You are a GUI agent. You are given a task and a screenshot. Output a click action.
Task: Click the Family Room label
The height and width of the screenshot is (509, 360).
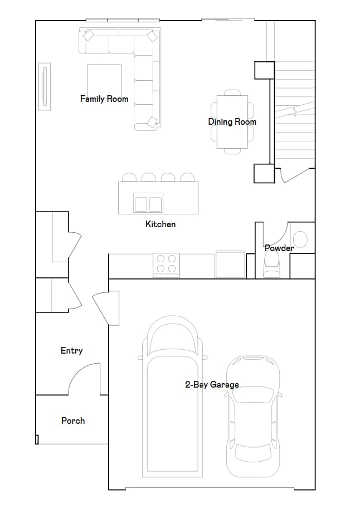pyautogui.click(x=104, y=99)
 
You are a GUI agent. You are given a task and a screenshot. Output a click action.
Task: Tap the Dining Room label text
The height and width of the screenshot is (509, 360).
pyautogui.click(x=232, y=122)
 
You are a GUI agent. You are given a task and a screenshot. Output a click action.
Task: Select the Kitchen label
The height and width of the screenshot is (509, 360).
pyautogui.click(x=160, y=224)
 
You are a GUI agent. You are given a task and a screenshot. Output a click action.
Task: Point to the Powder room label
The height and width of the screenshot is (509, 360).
pyautogui.click(x=279, y=248)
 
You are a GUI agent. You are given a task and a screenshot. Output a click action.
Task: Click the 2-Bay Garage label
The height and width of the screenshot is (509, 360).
pyautogui.click(x=212, y=384)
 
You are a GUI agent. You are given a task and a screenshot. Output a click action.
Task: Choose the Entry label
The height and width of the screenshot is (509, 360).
pyautogui.click(x=71, y=350)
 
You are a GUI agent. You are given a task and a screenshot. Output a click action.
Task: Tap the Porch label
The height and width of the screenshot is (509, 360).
pyautogui.click(x=73, y=420)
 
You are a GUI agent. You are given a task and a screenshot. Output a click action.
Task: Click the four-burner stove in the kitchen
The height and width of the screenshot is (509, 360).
pyautogui.click(x=166, y=264)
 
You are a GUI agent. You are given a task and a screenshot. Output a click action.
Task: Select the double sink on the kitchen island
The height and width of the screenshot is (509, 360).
pyautogui.click(x=148, y=203)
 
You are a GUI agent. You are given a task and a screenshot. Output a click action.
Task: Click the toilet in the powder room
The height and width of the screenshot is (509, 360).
pyautogui.click(x=272, y=266)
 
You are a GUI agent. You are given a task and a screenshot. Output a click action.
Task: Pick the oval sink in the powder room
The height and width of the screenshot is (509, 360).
pyautogui.click(x=300, y=239)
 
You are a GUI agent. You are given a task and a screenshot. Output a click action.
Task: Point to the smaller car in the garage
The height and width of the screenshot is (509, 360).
pyautogui.click(x=252, y=415)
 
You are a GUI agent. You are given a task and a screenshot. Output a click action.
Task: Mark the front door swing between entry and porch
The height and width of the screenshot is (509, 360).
pyautogui.click(x=84, y=379)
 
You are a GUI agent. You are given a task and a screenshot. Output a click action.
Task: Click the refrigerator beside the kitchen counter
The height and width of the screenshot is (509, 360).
pyautogui.click(x=230, y=265)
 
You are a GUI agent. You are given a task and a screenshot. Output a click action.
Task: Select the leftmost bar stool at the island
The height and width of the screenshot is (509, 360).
pyautogui.click(x=129, y=178)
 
